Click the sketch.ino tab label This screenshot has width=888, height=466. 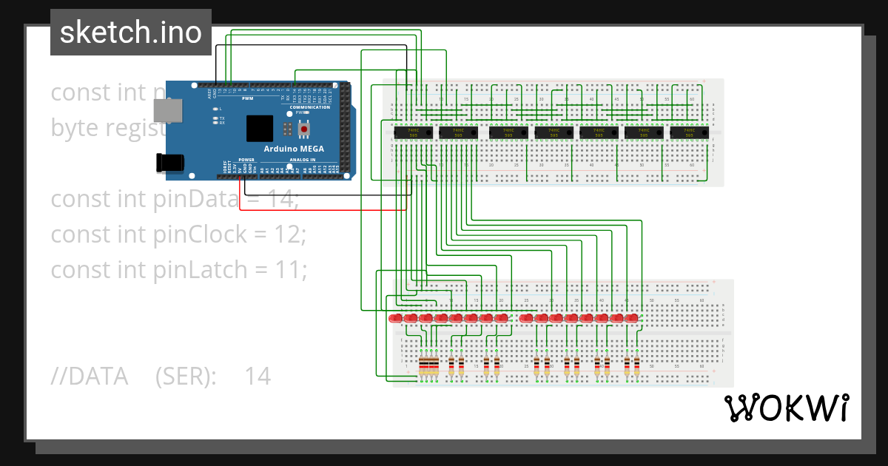tap(131, 32)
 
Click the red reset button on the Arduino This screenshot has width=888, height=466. tap(304, 129)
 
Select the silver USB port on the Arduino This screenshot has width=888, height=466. tap(166, 111)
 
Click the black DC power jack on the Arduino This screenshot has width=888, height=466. tap(169, 163)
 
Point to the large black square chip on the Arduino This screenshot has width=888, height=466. tap(260, 128)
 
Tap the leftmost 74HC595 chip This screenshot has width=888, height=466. tap(407, 133)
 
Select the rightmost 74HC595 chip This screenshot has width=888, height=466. tap(689, 133)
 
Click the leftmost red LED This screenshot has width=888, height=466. tap(395, 318)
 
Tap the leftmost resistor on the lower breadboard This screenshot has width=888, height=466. tap(422, 365)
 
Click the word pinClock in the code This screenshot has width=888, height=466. tap(200, 234)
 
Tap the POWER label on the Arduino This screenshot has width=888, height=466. tap(247, 159)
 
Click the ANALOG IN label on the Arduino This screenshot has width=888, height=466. tap(302, 159)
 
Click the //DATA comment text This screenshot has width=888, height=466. tap(89, 376)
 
